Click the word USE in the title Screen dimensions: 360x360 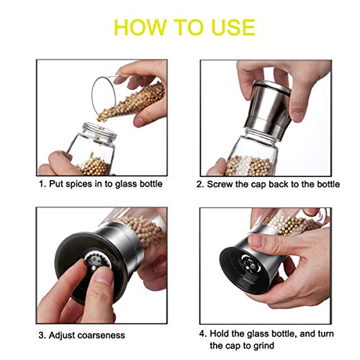tap(230, 27)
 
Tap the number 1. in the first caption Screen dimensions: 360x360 tap(42, 184)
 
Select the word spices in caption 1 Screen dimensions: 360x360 tap(79, 184)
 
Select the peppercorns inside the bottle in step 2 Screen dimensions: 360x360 tap(248, 166)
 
